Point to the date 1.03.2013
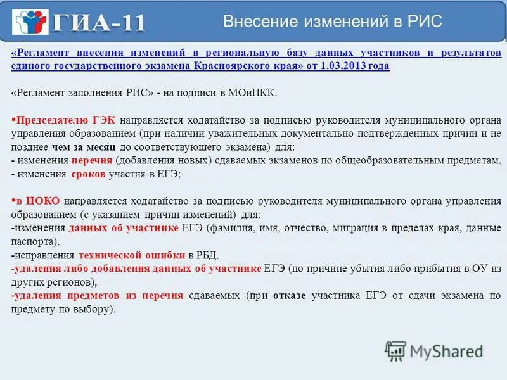[x=343, y=65]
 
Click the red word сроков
[x=89, y=174]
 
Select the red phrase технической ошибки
[x=132, y=255]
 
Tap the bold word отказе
[x=293, y=296]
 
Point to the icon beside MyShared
[x=396, y=350]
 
